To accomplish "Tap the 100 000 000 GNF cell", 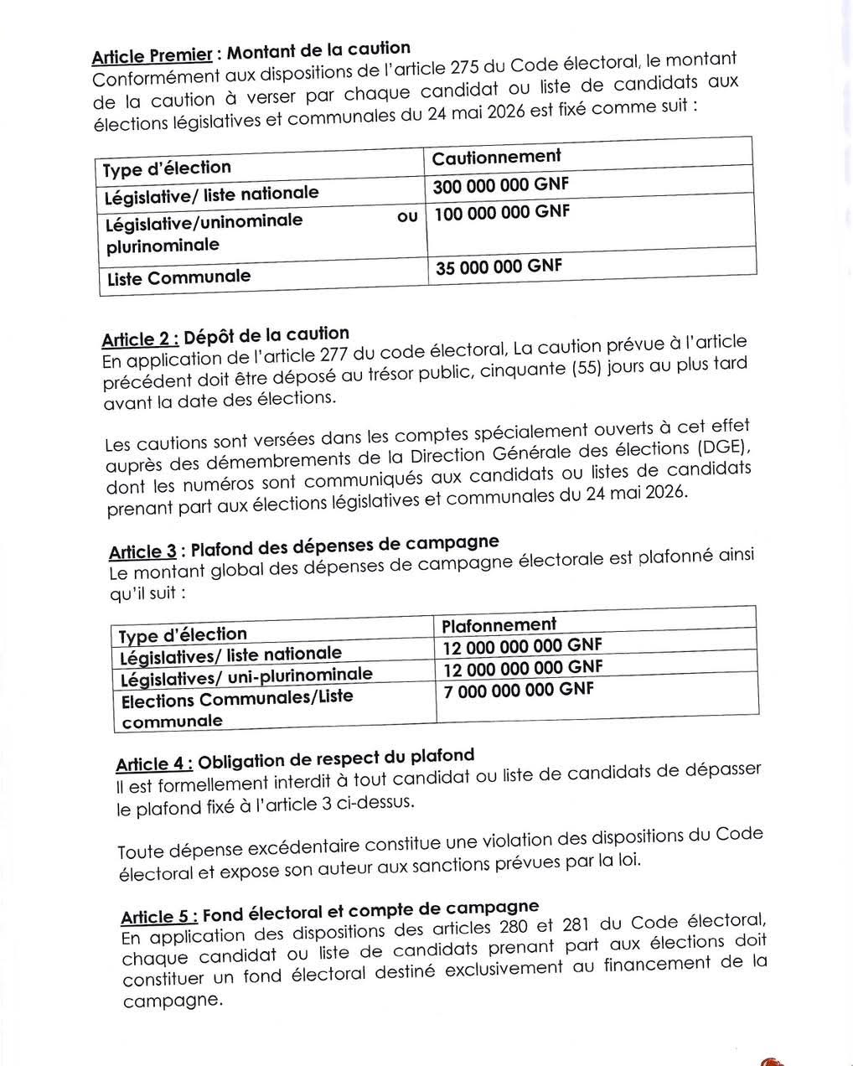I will pyautogui.click(x=502, y=213).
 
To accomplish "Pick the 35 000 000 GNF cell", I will pyautogui.click(x=499, y=267).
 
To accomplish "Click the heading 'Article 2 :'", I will pyautogui.click(x=140, y=339).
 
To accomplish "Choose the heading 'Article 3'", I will pyautogui.click(x=142, y=551).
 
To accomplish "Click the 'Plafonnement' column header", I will pyautogui.click(x=499, y=625).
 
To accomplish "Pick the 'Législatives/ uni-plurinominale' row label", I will pyautogui.click(x=246, y=675).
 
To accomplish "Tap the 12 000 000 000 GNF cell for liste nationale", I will pyautogui.click(x=523, y=646).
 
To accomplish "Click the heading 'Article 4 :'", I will pyautogui.click(x=154, y=763).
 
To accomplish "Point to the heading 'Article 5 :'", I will pyautogui.click(x=159, y=915).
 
